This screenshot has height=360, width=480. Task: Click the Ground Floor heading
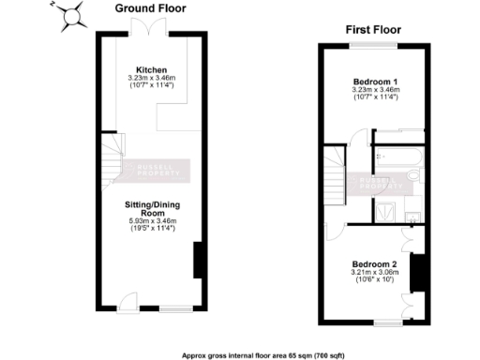[148, 7]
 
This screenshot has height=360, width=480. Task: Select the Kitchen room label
[151, 71]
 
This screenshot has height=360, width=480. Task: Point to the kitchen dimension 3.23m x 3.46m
[151, 79]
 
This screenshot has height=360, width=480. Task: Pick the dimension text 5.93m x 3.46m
[151, 221]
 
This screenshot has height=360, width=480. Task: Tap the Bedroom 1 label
[376, 82]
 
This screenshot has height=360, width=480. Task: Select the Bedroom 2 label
[375, 264]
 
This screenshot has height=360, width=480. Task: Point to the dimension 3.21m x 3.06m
[375, 272]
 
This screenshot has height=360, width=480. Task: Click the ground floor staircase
[112, 156]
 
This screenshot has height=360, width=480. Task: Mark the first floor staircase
[334, 174]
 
